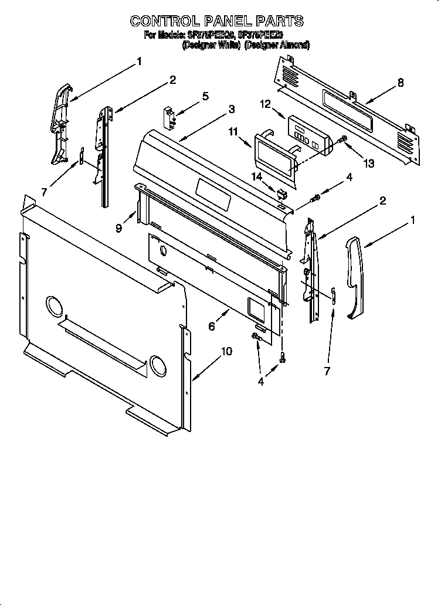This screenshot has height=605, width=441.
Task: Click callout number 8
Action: point(401,83)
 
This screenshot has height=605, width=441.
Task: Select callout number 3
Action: point(232,109)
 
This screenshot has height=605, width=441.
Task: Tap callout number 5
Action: point(205,97)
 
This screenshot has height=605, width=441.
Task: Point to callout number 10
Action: point(226,352)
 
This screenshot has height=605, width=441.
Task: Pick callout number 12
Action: point(265,104)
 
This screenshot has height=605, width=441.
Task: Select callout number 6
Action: point(212,327)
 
